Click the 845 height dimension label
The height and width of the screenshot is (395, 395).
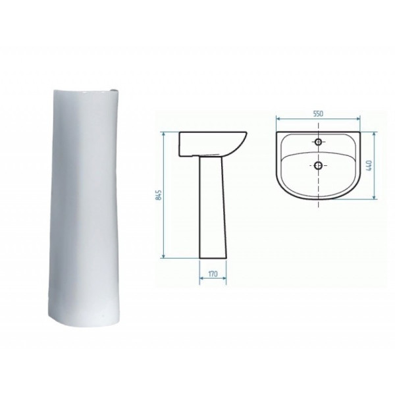[159, 195]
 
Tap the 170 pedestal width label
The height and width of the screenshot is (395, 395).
[213, 274]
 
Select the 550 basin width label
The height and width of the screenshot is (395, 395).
[318, 114]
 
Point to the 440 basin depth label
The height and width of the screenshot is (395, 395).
[370, 166]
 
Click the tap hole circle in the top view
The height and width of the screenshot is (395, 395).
[319, 142]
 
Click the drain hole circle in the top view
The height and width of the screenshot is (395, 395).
[319, 165]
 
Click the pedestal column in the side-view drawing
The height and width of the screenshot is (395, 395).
[213, 207]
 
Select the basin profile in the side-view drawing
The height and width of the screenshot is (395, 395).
[213, 144]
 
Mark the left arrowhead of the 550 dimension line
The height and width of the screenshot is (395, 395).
[278, 118]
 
